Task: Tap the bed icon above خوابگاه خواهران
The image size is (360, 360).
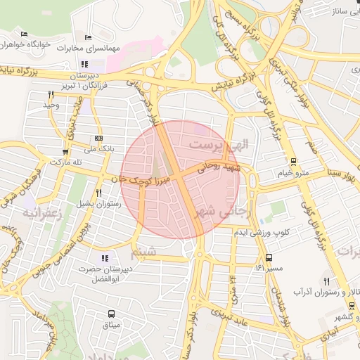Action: (x=25, y=34)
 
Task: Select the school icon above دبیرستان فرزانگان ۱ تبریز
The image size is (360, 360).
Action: (x=85, y=64)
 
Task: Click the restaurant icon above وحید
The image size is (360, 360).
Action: (x=51, y=94)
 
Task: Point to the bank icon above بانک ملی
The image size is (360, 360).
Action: (x=98, y=139)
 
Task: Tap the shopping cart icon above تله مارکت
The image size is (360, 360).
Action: (x=65, y=151)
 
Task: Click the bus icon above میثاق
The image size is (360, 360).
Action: (x=111, y=314)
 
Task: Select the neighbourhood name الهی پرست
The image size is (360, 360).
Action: (x=217, y=144)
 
